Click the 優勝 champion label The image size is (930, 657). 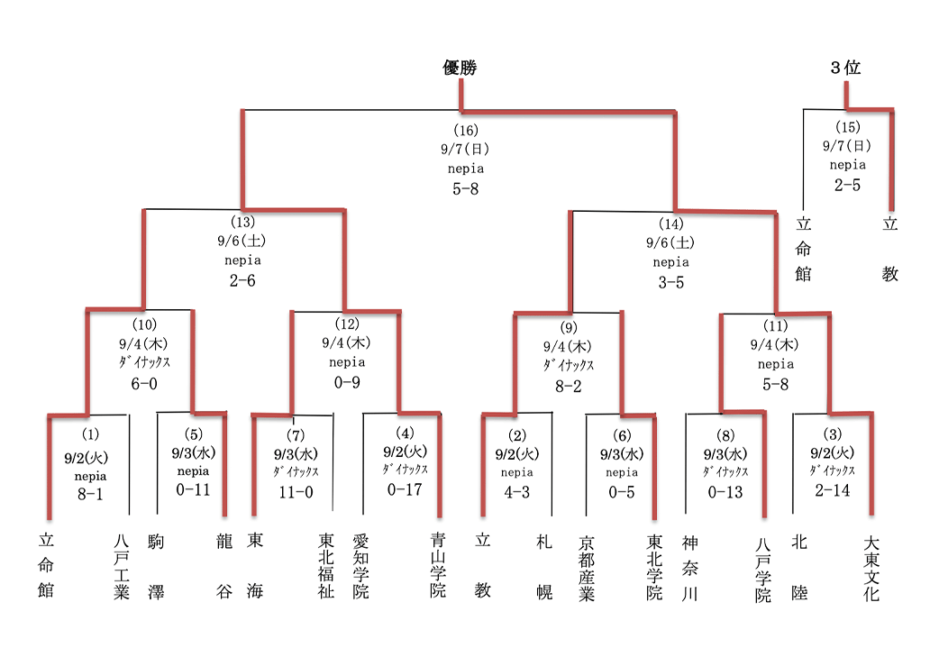(460, 68)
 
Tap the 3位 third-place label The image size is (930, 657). (845, 68)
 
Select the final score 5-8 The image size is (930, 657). (466, 188)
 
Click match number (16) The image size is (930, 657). (466, 130)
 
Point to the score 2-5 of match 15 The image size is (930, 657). (847, 185)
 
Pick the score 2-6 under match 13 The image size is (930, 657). (242, 280)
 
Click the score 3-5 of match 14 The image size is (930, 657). (670, 282)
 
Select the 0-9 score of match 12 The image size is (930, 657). (346, 382)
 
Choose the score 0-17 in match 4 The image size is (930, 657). (405, 489)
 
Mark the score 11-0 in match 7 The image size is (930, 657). (296, 492)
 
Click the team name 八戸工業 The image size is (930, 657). (122, 567)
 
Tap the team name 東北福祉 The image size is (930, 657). (326, 567)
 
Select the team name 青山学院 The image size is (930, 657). (438, 567)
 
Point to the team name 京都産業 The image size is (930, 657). (587, 569)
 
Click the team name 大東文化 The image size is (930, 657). (871, 569)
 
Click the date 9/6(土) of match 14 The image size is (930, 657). (670, 242)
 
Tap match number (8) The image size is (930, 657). (725, 435)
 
